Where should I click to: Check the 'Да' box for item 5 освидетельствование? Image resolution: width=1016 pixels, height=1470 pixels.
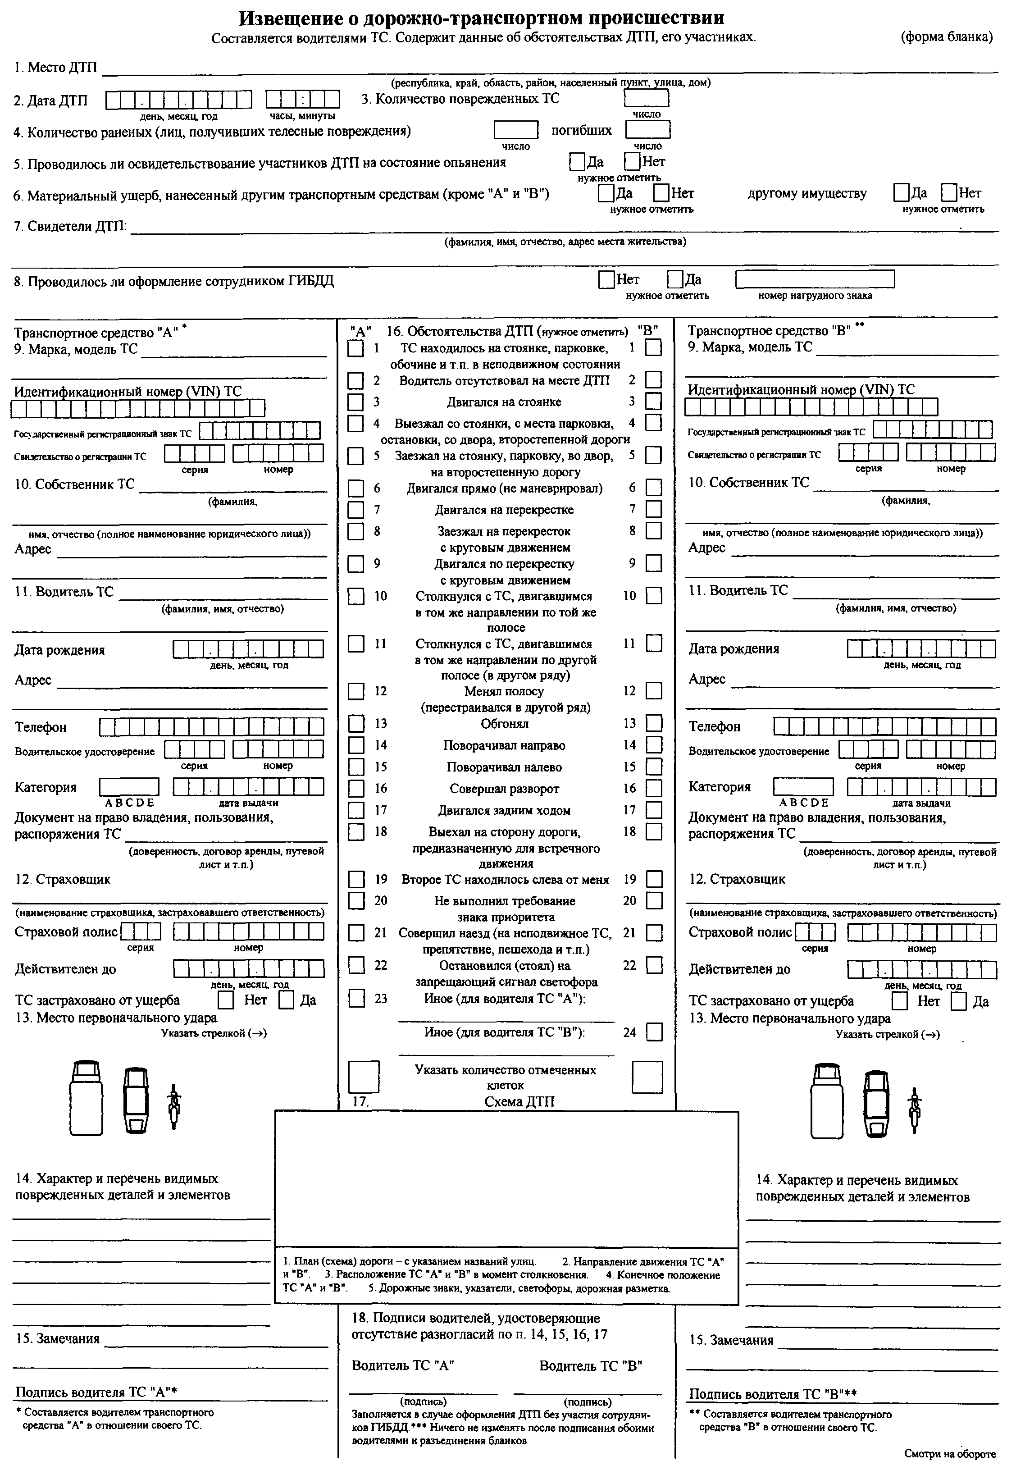(x=577, y=162)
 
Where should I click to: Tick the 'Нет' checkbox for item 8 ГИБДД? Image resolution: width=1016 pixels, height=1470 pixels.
(x=606, y=279)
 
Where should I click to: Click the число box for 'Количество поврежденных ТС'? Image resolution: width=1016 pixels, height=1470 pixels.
(x=646, y=98)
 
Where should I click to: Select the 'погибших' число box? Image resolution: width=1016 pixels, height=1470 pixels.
(x=647, y=130)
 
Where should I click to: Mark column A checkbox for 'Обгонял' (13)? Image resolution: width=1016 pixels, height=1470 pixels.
(x=356, y=724)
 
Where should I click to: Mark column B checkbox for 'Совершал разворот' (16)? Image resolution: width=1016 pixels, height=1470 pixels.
(x=654, y=788)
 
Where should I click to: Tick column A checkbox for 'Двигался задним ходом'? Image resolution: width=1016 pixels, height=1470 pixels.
(x=356, y=810)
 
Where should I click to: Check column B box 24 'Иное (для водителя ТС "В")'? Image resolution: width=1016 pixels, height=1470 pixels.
(x=654, y=1032)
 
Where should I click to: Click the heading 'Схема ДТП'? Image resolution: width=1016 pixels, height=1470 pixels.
(x=519, y=1102)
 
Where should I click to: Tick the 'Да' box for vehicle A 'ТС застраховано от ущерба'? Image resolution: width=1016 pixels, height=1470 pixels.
(x=287, y=1000)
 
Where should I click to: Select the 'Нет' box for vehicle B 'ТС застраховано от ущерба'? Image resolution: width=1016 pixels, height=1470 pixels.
(x=899, y=1001)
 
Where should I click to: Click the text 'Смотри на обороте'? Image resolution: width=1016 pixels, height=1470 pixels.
(x=949, y=1454)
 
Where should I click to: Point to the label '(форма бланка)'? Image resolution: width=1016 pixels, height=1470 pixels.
(x=946, y=37)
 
